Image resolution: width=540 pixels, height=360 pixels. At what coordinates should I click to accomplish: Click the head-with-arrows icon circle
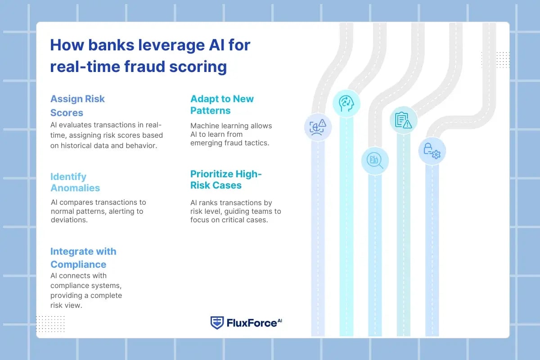tap(346, 103)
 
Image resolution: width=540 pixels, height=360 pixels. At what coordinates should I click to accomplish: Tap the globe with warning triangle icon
tap(318, 127)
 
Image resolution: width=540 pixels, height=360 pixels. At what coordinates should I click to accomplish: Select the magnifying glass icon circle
tap(375, 160)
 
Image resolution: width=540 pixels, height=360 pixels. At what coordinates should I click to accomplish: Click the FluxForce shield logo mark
tap(217, 322)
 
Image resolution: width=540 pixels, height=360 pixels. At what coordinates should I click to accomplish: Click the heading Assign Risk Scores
tap(77, 105)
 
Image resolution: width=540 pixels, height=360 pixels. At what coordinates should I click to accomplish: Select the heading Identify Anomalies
tap(75, 182)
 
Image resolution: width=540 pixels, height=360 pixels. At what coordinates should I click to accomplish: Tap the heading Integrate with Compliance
tap(83, 258)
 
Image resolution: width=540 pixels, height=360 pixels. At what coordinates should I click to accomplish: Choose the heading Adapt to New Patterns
tap(222, 105)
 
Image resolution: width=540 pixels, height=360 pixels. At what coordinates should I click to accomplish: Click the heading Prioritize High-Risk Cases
tap(226, 180)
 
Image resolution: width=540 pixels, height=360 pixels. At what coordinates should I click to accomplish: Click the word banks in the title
tap(103, 45)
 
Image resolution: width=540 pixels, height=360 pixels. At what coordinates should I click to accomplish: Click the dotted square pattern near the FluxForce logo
tap(50, 324)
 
